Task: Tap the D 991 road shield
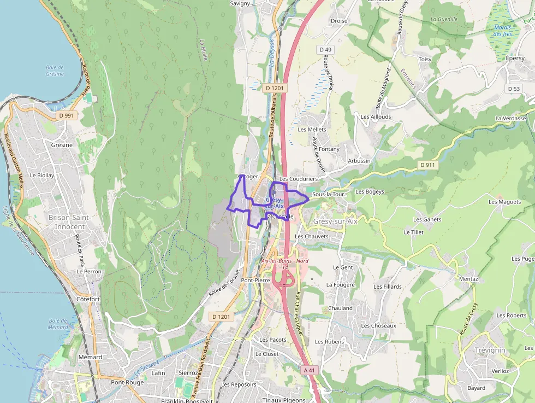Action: coord(67,115)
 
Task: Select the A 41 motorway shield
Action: coord(310,370)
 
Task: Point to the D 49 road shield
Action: coord(325,50)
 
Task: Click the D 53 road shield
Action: coord(514,89)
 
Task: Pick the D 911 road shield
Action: coord(428,165)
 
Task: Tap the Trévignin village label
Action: coord(490,350)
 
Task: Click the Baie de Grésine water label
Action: coord(55,70)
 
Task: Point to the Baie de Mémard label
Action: coord(58,324)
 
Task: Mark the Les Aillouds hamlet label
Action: coord(376,116)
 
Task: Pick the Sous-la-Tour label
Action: coord(328,194)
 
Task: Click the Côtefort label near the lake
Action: coord(88,299)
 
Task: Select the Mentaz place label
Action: coord(468,279)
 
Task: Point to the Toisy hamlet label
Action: coord(425,59)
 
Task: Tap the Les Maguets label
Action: coord(504,202)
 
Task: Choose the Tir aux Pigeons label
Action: coord(284,400)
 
